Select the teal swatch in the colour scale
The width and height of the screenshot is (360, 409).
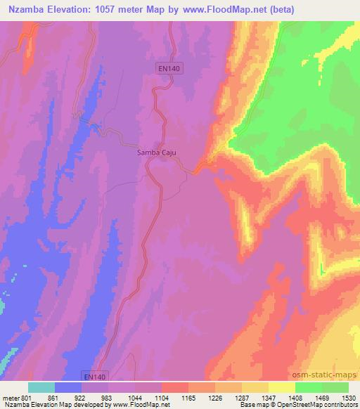41,387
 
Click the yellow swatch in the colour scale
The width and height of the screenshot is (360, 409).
281,387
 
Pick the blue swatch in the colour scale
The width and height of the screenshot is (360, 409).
68,387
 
